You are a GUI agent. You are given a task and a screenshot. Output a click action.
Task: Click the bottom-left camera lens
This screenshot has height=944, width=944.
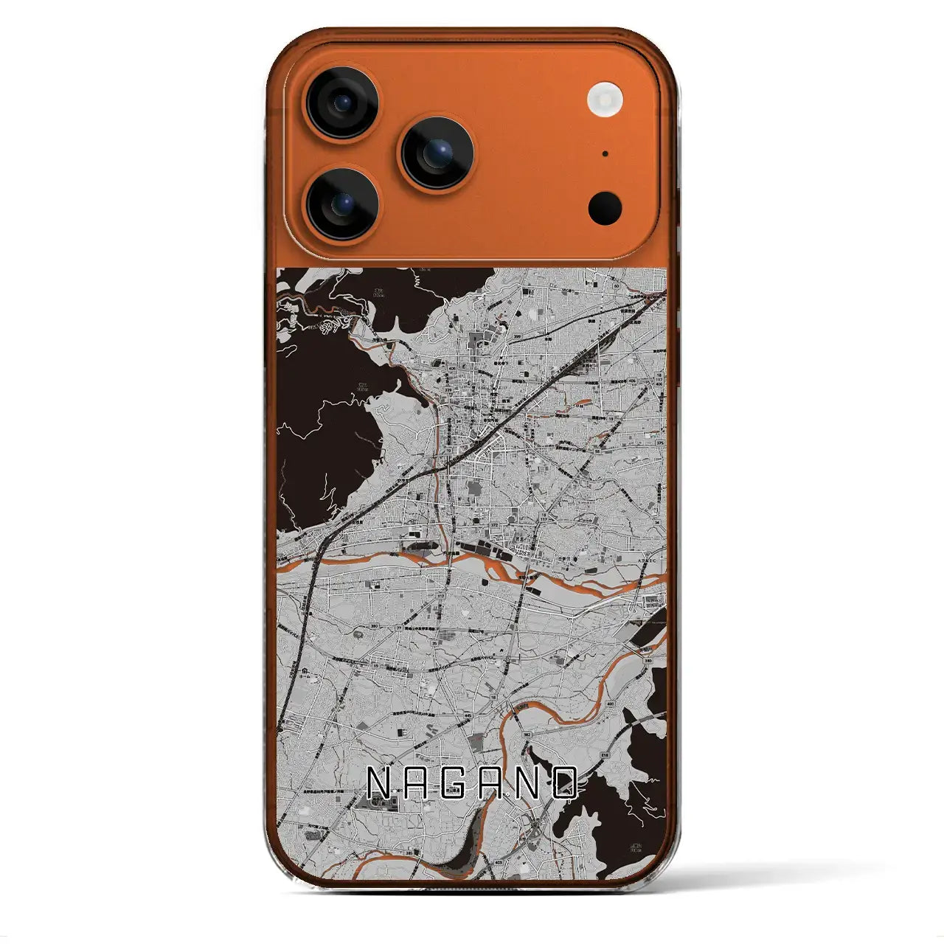tap(343, 204)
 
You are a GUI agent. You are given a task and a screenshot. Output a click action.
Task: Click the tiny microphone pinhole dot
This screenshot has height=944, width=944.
tap(605, 154)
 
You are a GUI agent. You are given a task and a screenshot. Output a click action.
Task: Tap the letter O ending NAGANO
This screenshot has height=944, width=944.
tap(566, 784)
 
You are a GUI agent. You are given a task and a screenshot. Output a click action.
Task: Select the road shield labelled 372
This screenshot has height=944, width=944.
tap(495, 525)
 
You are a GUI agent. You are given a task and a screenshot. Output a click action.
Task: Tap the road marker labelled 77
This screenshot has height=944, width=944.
tap(399, 627)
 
